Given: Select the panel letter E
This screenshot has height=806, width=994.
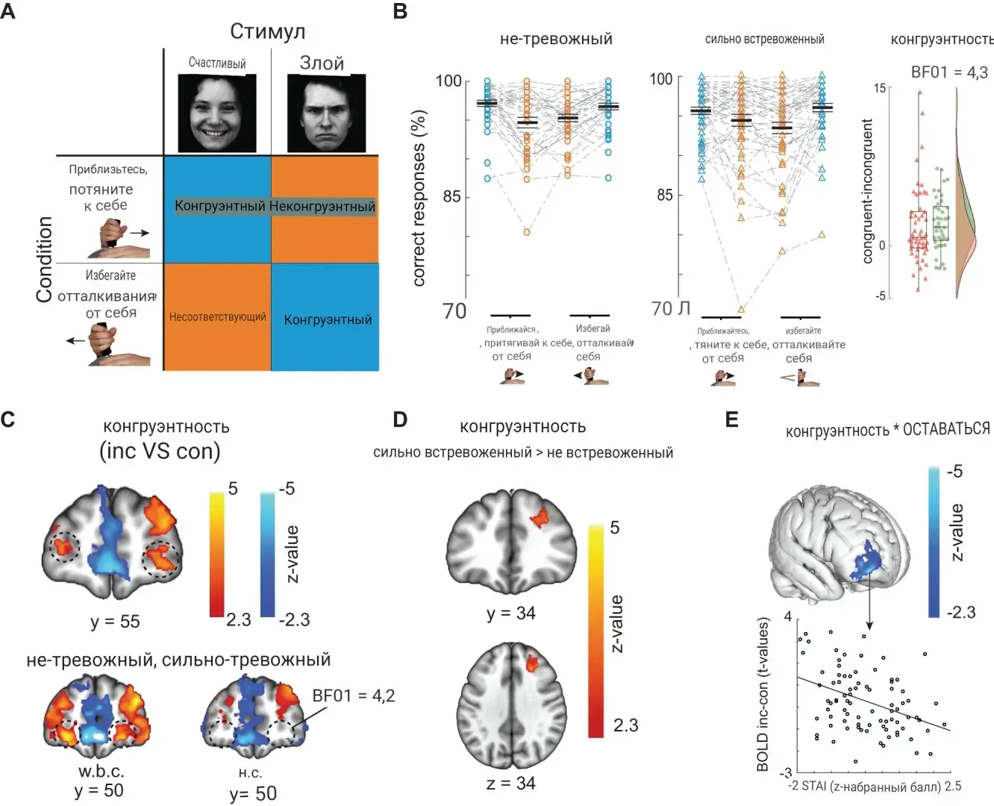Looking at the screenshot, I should point(731,419).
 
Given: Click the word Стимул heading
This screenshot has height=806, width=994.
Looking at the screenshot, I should point(267,31).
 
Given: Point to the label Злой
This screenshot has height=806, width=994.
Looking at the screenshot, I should point(322,63).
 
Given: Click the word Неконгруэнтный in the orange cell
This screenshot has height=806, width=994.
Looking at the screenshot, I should point(322,206).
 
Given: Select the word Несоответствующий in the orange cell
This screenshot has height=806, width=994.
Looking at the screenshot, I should point(217,316).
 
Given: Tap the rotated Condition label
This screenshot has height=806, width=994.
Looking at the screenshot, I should point(45,259).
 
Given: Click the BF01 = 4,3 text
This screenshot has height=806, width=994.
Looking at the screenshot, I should point(949,72).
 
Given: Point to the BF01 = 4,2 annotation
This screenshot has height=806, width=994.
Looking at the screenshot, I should point(353,696).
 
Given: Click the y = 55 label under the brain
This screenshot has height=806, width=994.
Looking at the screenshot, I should point(115,621).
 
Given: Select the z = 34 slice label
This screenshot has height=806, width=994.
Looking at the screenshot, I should point(510,783).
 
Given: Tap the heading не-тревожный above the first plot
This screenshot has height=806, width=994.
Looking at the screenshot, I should point(556,39).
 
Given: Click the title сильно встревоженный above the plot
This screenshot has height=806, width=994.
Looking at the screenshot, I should point(764,39).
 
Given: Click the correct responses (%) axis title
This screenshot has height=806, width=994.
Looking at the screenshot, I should point(419,198).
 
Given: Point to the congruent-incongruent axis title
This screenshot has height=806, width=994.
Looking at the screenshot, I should point(867,191).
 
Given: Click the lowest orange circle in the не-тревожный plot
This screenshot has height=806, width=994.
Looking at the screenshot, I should point(526,232).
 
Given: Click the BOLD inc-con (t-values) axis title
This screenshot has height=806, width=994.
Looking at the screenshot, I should point(762,694).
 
